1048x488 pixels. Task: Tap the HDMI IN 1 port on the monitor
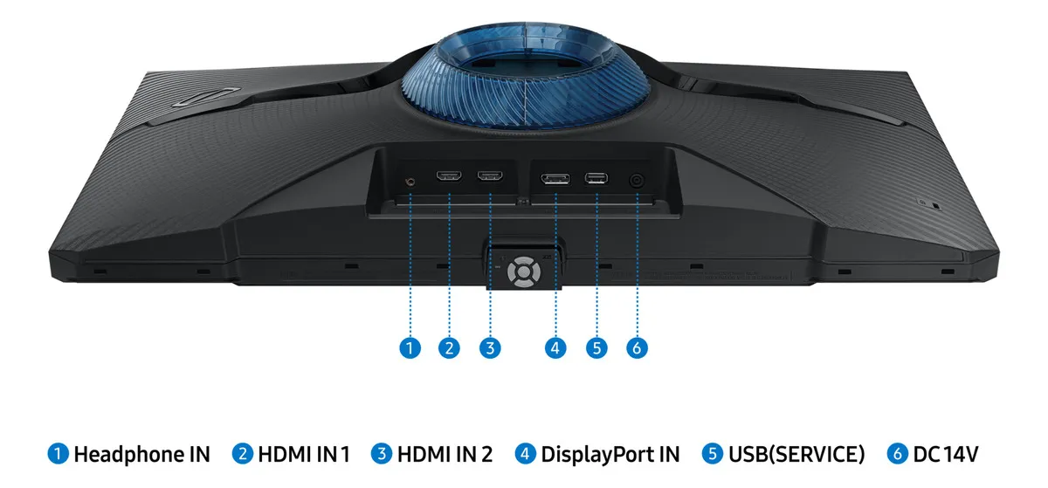[449, 177]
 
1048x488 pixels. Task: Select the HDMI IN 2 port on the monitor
[489, 177]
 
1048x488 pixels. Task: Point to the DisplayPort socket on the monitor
[555, 180]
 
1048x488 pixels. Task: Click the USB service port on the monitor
[596, 179]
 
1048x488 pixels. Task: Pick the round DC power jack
[637, 181]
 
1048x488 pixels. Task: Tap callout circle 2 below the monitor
[449, 347]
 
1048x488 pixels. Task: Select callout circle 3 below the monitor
[490, 347]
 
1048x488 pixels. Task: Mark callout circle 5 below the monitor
[596, 347]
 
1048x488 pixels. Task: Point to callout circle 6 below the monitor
[637, 347]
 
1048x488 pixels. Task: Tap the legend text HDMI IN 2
[445, 454]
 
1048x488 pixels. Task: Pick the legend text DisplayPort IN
[610, 454]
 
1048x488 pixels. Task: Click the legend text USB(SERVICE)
[796, 454]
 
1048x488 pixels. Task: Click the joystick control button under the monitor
[522, 270]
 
